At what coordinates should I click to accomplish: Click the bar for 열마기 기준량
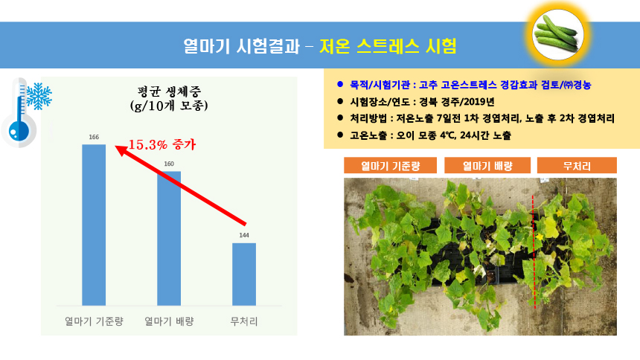pos(94,225)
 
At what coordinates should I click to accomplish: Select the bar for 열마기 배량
pos(169,238)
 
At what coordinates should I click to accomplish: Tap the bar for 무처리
pos(244,274)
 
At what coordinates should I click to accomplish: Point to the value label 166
pos(94,137)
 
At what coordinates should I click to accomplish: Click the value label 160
pos(169,164)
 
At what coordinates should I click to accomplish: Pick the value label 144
pos(244,235)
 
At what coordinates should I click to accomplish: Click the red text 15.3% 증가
pos(162,144)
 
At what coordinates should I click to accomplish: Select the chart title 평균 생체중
pos(169,91)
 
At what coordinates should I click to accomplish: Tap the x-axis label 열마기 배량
pos(169,321)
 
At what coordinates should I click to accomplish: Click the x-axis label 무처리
pos(244,321)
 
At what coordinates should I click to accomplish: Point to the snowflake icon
pos(39,97)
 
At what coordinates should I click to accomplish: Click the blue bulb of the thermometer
pos(19,131)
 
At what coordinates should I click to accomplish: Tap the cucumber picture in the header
pos(557,35)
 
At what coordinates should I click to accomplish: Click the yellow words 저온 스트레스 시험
pos(388,45)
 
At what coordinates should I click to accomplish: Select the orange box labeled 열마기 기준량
pos(390,165)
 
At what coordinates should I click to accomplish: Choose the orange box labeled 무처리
pos(577,165)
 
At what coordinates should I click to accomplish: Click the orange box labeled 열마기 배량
pos(487,165)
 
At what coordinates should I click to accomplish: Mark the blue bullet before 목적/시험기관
pos(340,84)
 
